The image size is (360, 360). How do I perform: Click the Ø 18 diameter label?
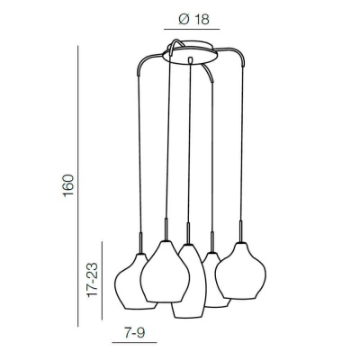193,20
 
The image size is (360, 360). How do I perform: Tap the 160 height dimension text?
68,185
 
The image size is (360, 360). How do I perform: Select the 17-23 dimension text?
92,280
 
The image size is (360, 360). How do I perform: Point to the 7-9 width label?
134,332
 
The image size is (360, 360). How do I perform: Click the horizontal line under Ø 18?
192,30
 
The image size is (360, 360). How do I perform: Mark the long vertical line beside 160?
78,186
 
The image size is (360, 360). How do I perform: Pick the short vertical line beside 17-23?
102,281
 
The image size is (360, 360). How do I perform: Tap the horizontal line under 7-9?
134,342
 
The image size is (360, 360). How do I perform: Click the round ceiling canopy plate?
190,54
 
